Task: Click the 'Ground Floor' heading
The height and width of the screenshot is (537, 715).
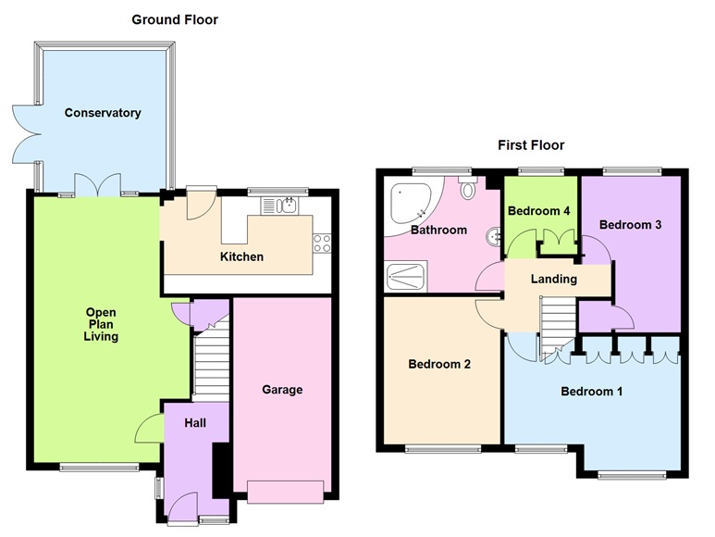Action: pyautogui.click(x=175, y=19)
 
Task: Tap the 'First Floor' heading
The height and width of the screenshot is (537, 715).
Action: pyautogui.click(x=531, y=145)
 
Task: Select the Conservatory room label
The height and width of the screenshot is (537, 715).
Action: pyautogui.click(x=103, y=113)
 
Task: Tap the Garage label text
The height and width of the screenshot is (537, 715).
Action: pyautogui.click(x=281, y=390)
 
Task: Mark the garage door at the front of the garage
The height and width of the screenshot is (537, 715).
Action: pyautogui.click(x=284, y=492)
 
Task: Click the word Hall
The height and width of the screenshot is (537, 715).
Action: pyautogui.click(x=194, y=423)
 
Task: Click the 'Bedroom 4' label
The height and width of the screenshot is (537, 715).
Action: pyautogui.click(x=539, y=211)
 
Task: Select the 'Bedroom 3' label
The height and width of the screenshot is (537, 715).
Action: pyautogui.click(x=629, y=224)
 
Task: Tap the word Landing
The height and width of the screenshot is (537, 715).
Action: pyautogui.click(x=554, y=279)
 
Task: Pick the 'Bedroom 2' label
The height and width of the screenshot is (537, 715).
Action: pyautogui.click(x=439, y=365)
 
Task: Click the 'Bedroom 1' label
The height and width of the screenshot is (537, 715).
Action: pyautogui.click(x=591, y=392)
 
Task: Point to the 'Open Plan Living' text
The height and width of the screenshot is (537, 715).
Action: pyautogui.click(x=100, y=325)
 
